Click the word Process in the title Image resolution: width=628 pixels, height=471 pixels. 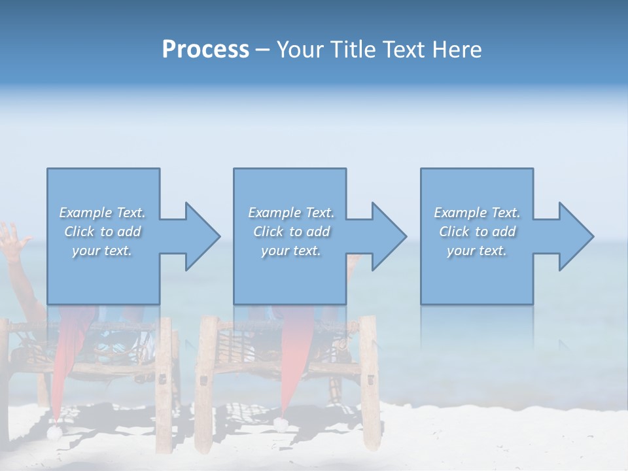205,50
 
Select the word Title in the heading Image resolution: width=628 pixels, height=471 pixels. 353,50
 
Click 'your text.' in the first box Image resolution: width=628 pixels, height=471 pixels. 102,251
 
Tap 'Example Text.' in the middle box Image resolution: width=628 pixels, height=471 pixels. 290,213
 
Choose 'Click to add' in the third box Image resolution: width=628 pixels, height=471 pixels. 477,232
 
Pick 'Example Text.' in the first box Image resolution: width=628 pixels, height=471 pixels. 102,213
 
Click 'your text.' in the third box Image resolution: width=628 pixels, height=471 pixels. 477,251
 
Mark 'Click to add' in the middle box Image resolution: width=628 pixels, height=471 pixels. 290,232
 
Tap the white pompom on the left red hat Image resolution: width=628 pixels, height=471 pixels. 54,430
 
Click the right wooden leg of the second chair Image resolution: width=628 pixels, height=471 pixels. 370,379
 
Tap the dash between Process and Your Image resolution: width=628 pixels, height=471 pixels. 262,50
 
